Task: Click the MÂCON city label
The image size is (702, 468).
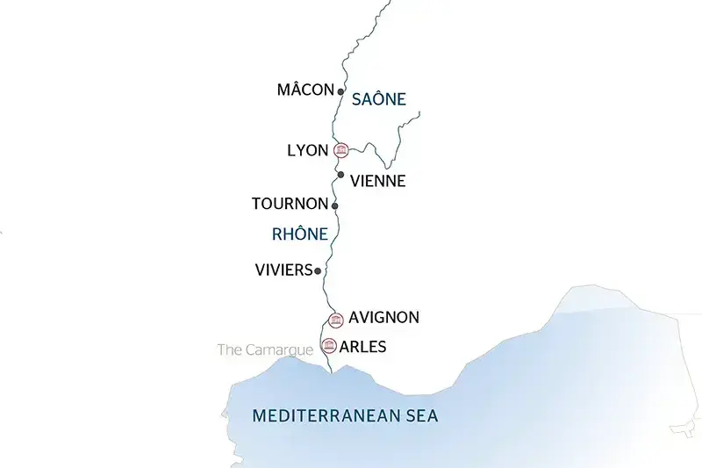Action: [x=305, y=90]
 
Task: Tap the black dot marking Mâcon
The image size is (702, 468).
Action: [x=340, y=90]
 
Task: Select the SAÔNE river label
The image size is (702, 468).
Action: [x=378, y=99]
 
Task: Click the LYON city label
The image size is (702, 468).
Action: [x=308, y=150]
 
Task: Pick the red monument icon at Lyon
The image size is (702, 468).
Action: [x=341, y=150]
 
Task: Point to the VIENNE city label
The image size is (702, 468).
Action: [x=377, y=181]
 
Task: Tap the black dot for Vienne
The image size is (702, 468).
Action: [x=341, y=174]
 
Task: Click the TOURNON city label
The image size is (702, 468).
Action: [x=290, y=205]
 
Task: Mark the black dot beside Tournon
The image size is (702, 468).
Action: [x=335, y=205]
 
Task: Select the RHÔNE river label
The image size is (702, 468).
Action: [x=299, y=234]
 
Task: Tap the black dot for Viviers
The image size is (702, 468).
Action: [x=318, y=271]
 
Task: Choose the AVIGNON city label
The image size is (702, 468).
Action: [x=383, y=317]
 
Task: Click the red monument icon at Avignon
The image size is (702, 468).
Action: [x=335, y=319]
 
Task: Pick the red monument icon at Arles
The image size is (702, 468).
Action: [x=329, y=345]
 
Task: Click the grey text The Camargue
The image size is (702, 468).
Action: [x=265, y=349]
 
